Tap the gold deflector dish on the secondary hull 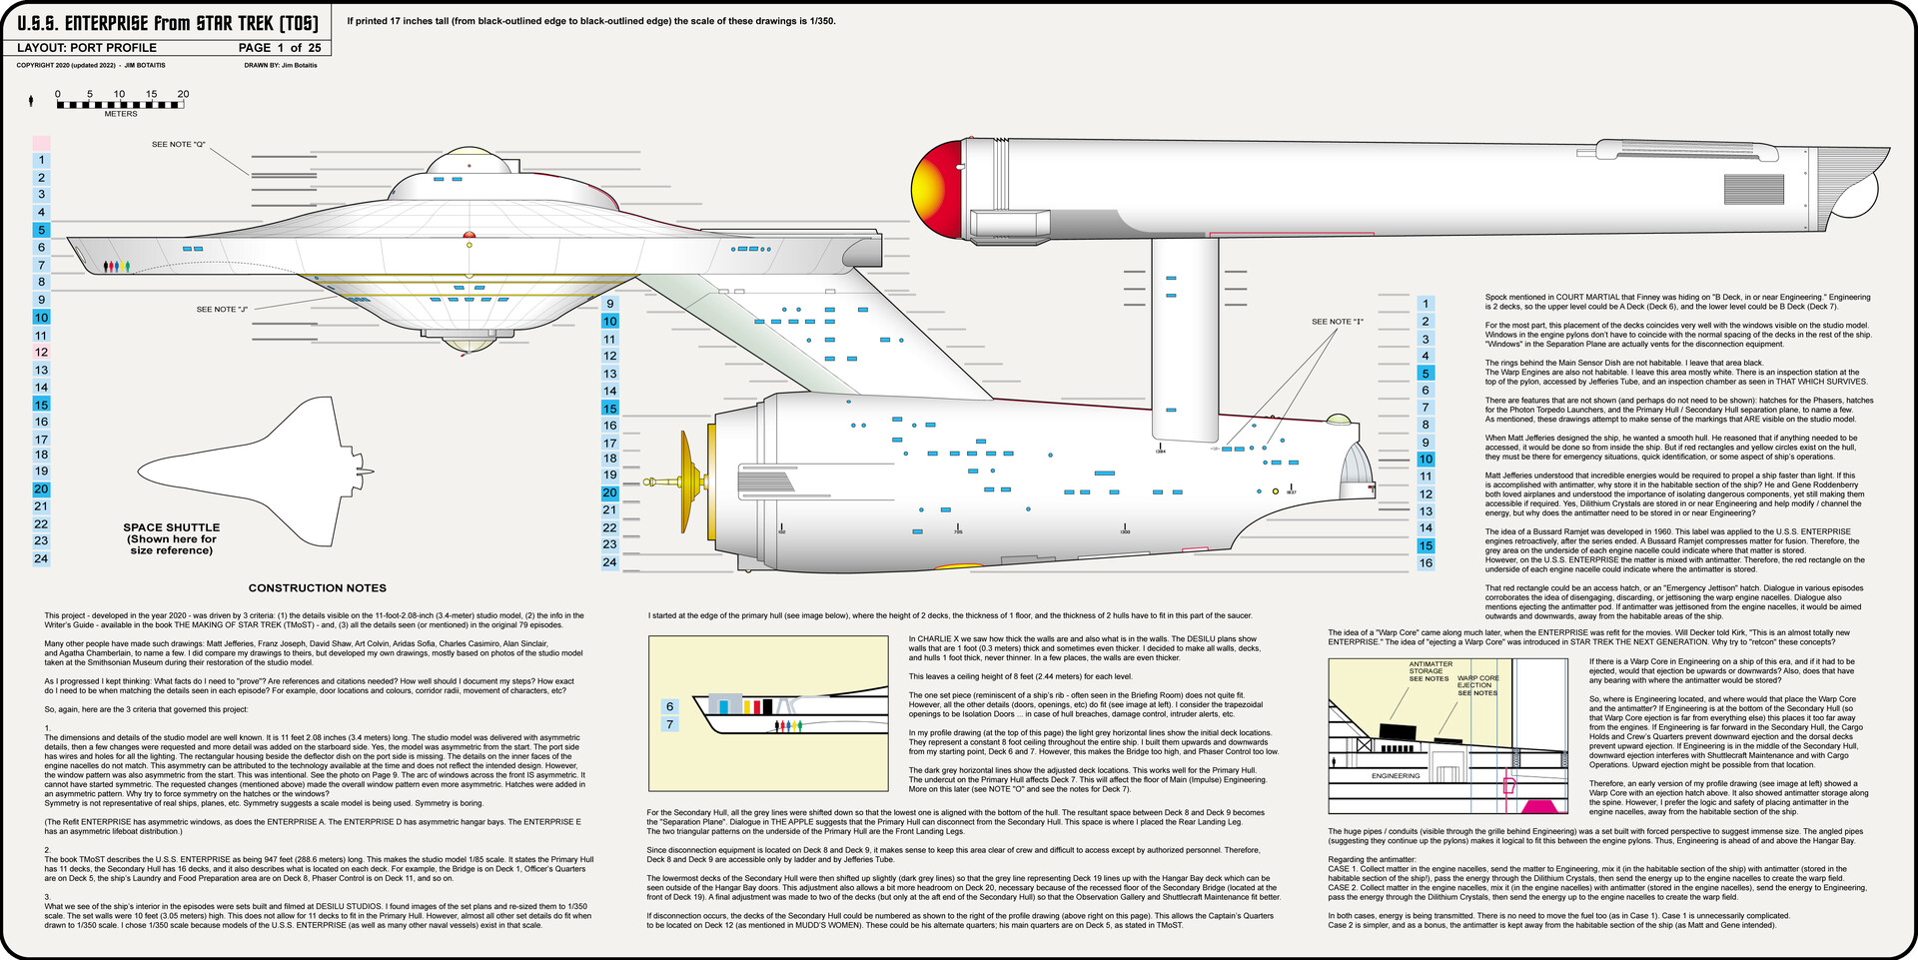point(687,481)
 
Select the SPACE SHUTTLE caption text point(172,538)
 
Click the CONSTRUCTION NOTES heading point(317,588)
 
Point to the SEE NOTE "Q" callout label point(178,145)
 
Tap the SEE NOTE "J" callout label point(222,310)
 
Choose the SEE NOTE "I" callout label point(1337,322)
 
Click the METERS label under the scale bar point(121,114)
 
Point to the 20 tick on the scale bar point(183,95)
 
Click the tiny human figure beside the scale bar point(31,100)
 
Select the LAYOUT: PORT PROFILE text point(87,48)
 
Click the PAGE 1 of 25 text point(280,48)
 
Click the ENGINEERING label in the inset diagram point(1396,776)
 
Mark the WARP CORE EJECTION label point(1477,685)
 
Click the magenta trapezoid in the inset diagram point(1538,805)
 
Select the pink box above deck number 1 point(41,144)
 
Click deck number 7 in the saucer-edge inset point(669,724)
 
